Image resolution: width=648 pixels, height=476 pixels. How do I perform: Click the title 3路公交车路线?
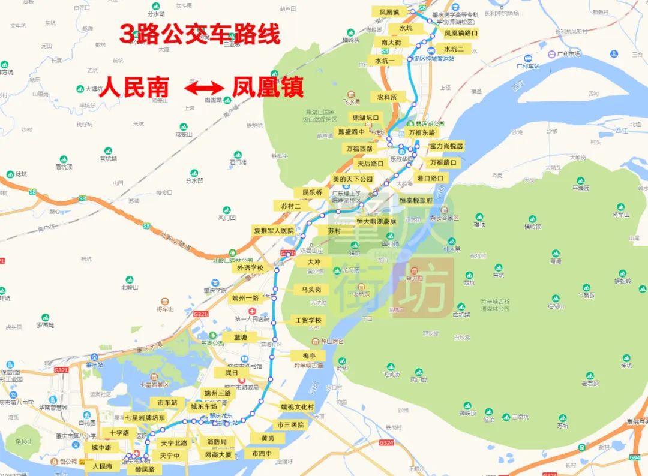pos(200,34)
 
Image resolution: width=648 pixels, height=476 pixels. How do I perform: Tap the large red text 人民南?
pos(133,88)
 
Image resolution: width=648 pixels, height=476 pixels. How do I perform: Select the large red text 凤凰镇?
pos(267,88)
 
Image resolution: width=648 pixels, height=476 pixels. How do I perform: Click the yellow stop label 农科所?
pos(387,97)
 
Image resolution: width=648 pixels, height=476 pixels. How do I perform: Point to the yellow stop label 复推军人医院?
pos(274,230)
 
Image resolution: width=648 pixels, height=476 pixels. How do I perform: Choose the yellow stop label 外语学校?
pos(250,267)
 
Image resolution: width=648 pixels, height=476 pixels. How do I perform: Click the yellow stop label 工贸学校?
pos(308,320)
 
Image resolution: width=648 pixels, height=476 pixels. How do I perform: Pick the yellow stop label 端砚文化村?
pos(297,406)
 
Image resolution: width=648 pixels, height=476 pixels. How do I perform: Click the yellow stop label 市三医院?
pos(290,424)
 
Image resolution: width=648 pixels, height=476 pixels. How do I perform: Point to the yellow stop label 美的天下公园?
pos(353,179)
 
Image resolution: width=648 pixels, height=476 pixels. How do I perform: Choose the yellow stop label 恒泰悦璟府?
pos(416,200)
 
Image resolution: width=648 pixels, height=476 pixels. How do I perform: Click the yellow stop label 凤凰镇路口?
pos(461,34)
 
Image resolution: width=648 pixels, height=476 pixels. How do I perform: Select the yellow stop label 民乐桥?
pos(312,192)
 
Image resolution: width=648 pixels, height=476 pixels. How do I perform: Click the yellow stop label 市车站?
pos(167,402)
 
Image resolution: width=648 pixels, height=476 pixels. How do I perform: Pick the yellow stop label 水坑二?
pos(454,49)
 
